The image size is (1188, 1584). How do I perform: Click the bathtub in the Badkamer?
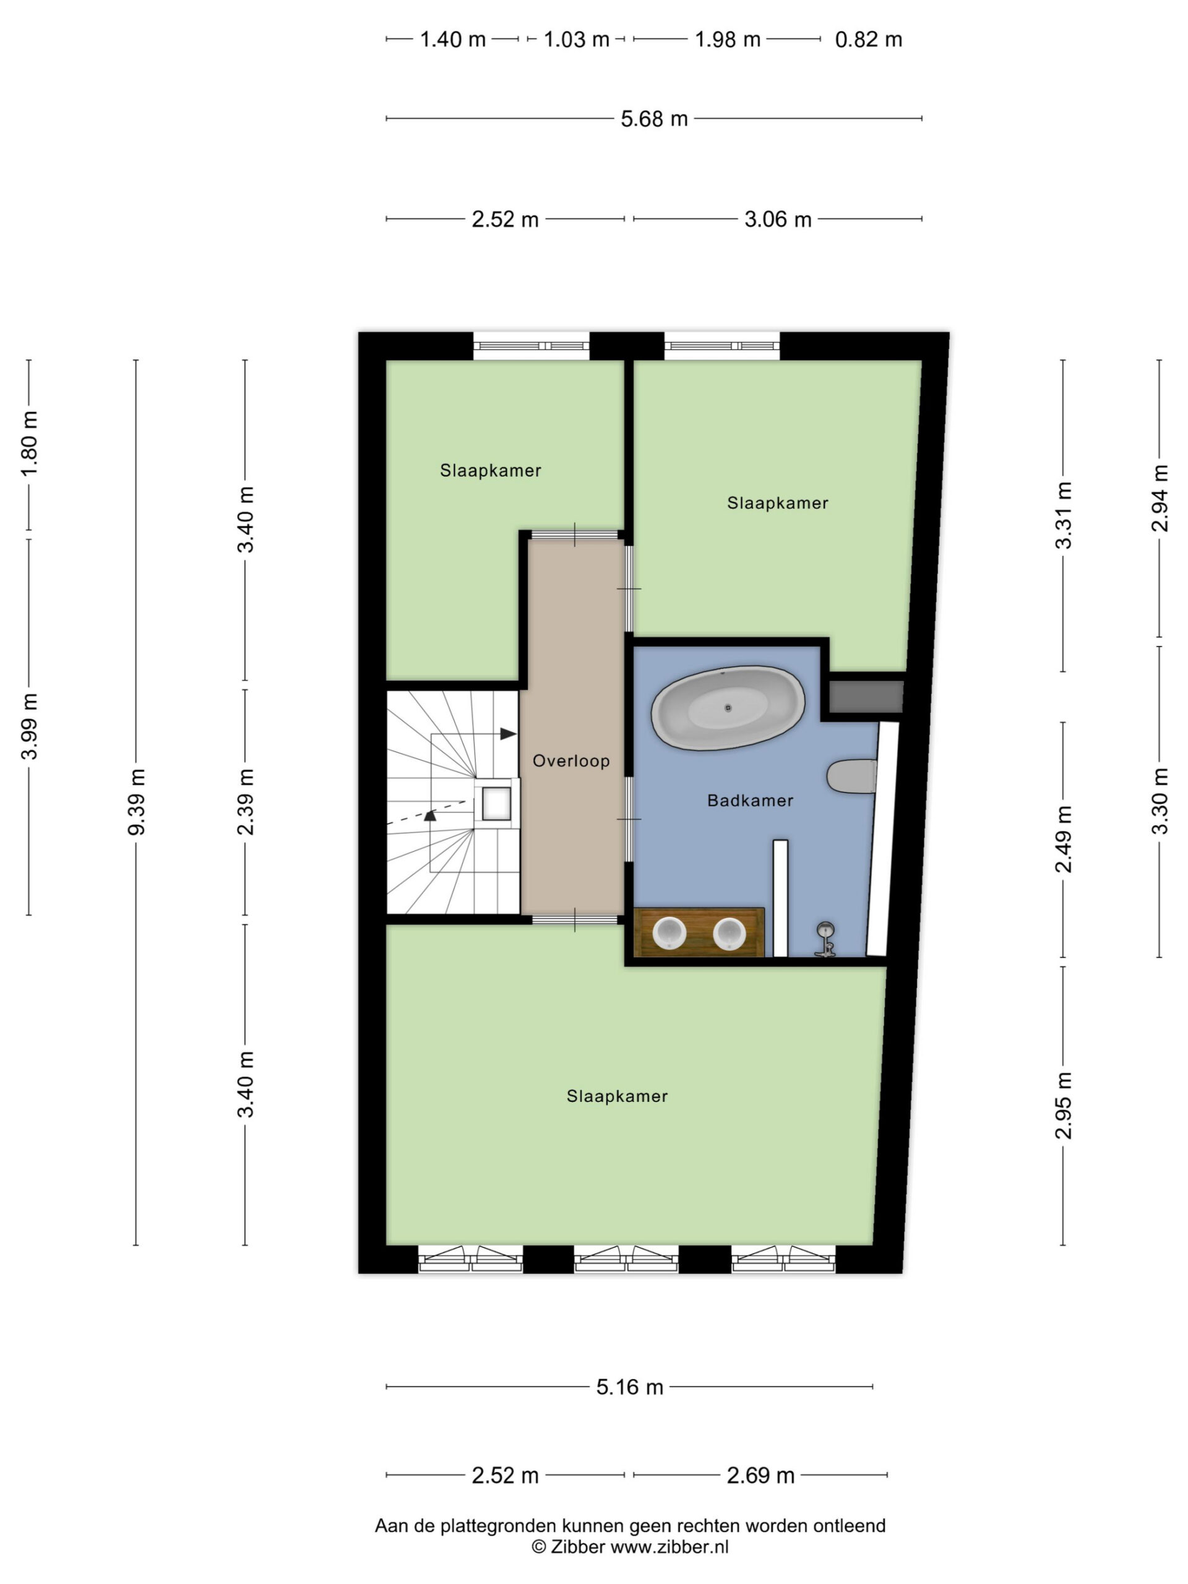pos(728,707)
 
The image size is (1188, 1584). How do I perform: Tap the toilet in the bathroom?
pos(851,777)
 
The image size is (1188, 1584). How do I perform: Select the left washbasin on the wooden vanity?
pos(669,934)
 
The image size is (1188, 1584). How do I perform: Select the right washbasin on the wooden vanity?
pos(729,934)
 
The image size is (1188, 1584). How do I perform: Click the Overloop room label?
pos(570,760)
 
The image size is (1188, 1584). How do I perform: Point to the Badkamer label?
pos(750,800)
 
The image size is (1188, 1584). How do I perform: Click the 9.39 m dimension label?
pos(136,801)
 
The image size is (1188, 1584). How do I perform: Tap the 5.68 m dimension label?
pos(654,119)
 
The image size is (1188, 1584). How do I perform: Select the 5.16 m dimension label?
pos(629,1387)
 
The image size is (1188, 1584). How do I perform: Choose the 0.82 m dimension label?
pos(868,40)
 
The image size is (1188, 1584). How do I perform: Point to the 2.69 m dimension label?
pos(760,1475)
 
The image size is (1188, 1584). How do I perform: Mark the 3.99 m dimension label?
pos(29,726)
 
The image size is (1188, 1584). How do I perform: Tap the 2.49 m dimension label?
pos(1064,838)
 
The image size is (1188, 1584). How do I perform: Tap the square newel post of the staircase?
pos(496,803)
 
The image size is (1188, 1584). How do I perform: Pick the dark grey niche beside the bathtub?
pos(866,696)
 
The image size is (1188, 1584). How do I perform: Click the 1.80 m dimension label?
pos(29,444)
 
